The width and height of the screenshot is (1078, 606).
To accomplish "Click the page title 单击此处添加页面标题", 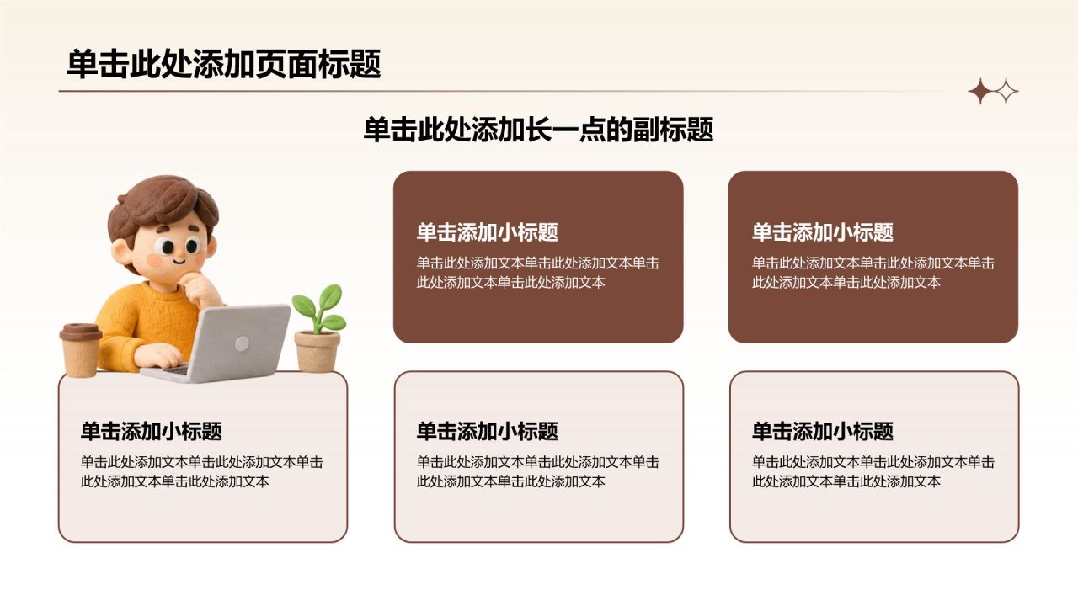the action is click(224, 63).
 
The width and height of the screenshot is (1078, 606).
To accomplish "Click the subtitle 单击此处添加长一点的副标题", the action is click(538, 129).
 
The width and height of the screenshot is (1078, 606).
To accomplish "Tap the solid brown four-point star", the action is click(980, 92).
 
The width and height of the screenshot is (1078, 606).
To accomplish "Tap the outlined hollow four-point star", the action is click(1006, 92).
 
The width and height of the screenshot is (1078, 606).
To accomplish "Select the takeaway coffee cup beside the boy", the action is click(80, 349).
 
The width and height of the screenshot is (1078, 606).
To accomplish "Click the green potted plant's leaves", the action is click(319, 308).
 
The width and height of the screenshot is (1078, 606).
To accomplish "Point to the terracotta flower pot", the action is click(318, 351).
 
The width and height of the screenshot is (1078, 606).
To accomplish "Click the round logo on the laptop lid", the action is click(242, 343).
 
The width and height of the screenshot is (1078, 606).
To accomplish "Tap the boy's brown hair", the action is click(163, 207).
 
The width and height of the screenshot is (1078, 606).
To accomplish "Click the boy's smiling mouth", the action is click(179, 262).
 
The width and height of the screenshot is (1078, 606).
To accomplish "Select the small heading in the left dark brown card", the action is click(487, 232).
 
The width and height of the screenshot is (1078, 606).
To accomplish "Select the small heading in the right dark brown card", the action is click(823, 232).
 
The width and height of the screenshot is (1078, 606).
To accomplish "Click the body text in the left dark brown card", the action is click(537, 273).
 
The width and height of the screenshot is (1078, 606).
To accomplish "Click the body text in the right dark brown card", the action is click(873, 273).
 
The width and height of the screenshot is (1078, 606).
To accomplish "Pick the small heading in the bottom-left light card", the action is click(151, 432).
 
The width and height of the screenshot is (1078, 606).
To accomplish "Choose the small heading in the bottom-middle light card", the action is click(487, 432).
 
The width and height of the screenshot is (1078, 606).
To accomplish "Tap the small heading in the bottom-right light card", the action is click(823, 432).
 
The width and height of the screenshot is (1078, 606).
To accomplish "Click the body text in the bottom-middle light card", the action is click(537, 472).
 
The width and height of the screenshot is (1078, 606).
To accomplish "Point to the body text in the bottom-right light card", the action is click(873, 472).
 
